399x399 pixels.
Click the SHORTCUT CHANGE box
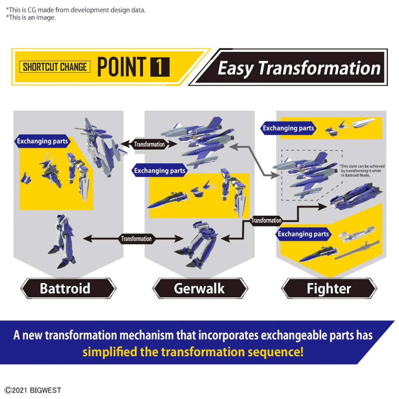pos(55,67)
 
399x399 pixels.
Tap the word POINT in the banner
pos(122,67)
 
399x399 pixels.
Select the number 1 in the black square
pos(160,67)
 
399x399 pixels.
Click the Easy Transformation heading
pos(299,68)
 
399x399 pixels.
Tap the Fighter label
pos(329,288)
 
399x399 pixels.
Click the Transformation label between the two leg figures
pos(136,239)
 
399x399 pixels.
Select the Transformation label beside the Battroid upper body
pos(149,144)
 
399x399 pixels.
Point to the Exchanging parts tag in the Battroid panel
pos(42,141)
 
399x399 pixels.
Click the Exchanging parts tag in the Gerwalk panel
pos(159,171)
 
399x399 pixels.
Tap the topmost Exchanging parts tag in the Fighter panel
pos(288,128)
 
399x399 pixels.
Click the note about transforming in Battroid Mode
pos(362,171)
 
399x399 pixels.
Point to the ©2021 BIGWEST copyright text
pos(33,390)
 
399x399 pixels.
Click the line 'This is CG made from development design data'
pos(76,10)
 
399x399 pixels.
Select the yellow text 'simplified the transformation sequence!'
pos(193,352)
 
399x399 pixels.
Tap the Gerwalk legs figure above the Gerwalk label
pos(196,244)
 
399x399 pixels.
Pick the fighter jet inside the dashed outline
pos(305,174)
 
